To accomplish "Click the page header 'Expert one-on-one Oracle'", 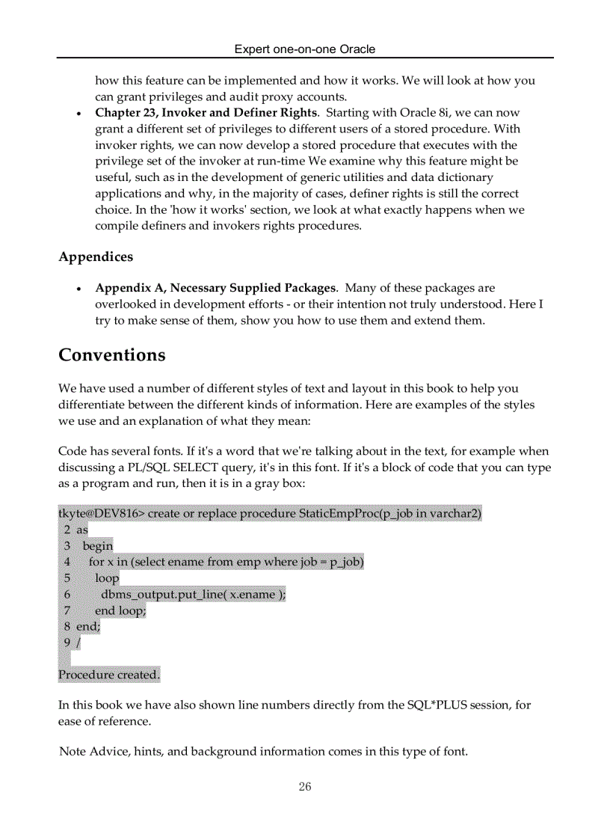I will [305, 49].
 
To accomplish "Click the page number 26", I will [305, 786].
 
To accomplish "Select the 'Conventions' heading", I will [112, 355].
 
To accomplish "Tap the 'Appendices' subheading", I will [96, 257].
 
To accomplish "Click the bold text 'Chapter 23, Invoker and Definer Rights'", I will [206, 113].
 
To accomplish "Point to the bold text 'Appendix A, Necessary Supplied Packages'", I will [215, 288].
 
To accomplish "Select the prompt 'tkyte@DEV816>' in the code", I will [101, 514].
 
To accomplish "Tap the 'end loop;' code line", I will [120, 610].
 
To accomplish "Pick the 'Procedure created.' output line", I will [109, 675].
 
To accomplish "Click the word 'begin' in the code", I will [98, 546].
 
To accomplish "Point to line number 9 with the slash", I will [72, 643].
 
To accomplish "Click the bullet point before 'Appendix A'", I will [79, 289].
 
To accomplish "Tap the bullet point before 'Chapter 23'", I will [79, 114].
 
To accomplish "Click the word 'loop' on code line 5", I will [107, 578].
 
